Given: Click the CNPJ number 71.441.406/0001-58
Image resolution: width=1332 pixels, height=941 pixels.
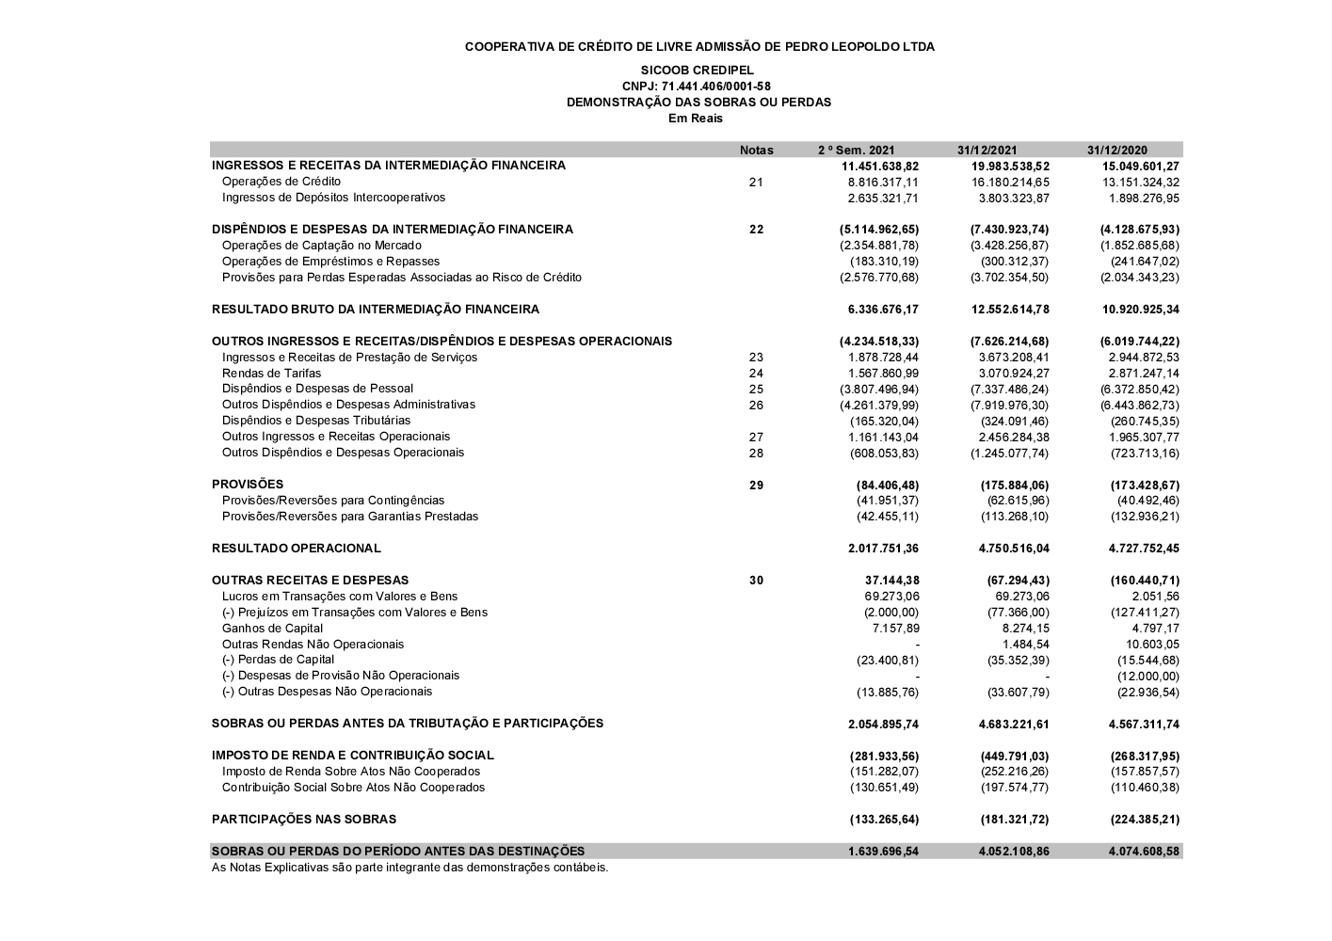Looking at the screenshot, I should point(697,87).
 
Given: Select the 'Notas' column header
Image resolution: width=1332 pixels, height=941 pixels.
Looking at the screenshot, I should point(756,150).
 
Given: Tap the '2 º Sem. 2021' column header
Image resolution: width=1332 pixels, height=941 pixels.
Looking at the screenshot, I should point(856,150).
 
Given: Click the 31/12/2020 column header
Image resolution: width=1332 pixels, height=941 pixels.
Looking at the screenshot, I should point(1116,150).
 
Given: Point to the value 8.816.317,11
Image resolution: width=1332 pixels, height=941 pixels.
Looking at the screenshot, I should point(883,183).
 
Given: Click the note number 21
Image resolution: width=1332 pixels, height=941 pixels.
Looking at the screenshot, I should point(756,183).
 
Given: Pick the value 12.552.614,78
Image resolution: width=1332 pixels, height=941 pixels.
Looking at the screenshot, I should point(1009,310).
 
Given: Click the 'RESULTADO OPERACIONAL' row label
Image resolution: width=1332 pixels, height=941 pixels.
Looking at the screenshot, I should point(297,549).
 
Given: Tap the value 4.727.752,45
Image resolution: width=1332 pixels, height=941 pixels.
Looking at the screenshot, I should point(1143,549).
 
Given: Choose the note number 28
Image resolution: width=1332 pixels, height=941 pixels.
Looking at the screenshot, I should point(756,454).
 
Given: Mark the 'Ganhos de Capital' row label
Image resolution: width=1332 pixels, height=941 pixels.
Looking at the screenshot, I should point(272,629).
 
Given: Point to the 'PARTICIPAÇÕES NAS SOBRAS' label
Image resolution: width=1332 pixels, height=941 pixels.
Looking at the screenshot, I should point(304,820).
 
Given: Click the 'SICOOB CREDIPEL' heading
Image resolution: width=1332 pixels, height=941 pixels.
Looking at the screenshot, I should point(697,71).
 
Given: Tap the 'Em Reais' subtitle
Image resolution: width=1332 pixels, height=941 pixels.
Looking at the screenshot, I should point(696,119).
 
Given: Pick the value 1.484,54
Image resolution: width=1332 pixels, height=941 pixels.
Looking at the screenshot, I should point(1025,645).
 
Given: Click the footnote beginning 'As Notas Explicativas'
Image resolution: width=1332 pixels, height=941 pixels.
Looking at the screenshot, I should point(409,868).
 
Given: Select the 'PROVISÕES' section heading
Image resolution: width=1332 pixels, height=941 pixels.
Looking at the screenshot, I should point(248,485).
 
